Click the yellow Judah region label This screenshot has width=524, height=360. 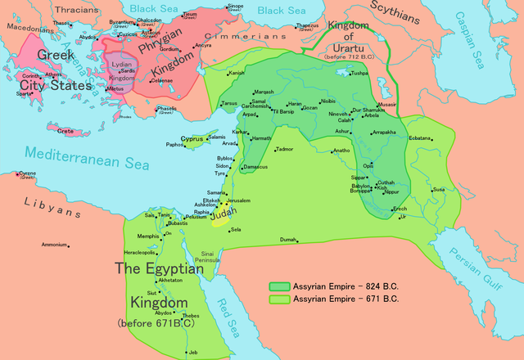(x=223, y=212)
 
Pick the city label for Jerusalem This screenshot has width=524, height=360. (x=238, y=200)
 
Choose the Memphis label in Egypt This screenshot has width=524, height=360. (x=148, y=236)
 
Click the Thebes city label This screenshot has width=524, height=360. (x=190, y=316)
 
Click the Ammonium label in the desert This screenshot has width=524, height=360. (x=55, y=245)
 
